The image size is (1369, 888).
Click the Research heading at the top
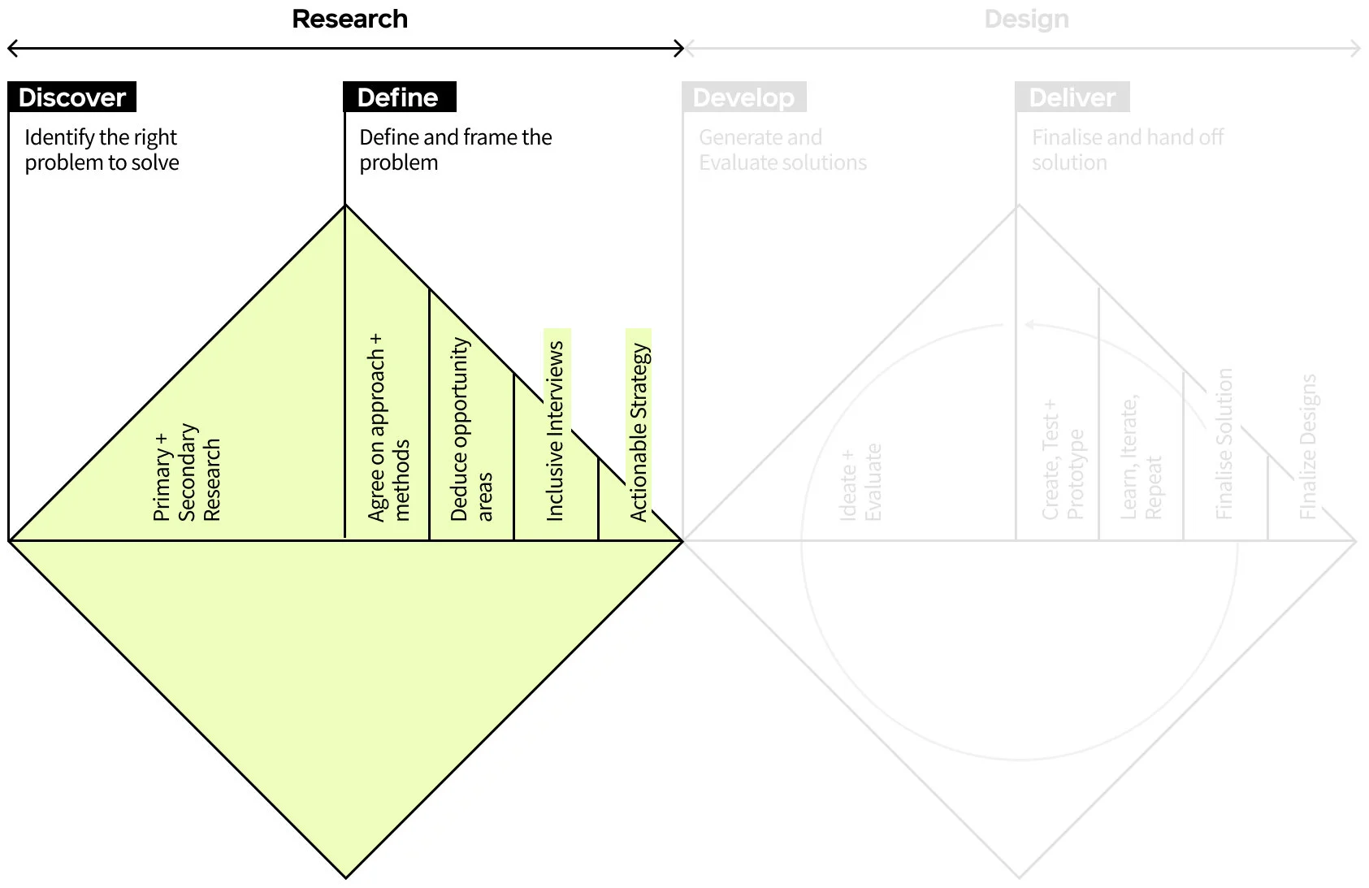coord(349,19)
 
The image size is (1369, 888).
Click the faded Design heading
coord(1026,19)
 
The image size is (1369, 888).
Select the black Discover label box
coord(72,97)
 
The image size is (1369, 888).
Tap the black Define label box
coord(399,97)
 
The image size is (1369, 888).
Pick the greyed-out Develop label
coord(743,97)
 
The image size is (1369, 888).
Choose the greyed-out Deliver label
coord(1072,97)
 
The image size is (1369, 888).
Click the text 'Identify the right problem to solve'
coord(102,149)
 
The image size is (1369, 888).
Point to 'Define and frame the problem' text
coord(455,149)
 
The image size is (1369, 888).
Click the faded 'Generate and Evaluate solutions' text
coord(782,149)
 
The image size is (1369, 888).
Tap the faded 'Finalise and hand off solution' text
coord(1127,149)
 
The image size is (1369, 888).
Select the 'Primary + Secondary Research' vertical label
coord(187,473)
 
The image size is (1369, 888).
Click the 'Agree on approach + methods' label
coord(388,428)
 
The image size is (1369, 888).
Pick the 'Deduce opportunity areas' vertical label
coord(471,430)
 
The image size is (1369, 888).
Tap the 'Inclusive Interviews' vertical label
coord(556,431)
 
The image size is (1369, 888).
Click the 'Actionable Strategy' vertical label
coord(639,432)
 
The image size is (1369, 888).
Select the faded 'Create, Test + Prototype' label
coord(1063,461)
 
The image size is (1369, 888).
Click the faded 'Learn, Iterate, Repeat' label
coord(1141,458)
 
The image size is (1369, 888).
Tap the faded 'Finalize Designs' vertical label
coord(1307,447)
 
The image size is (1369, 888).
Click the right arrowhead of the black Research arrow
coord(679,49)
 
